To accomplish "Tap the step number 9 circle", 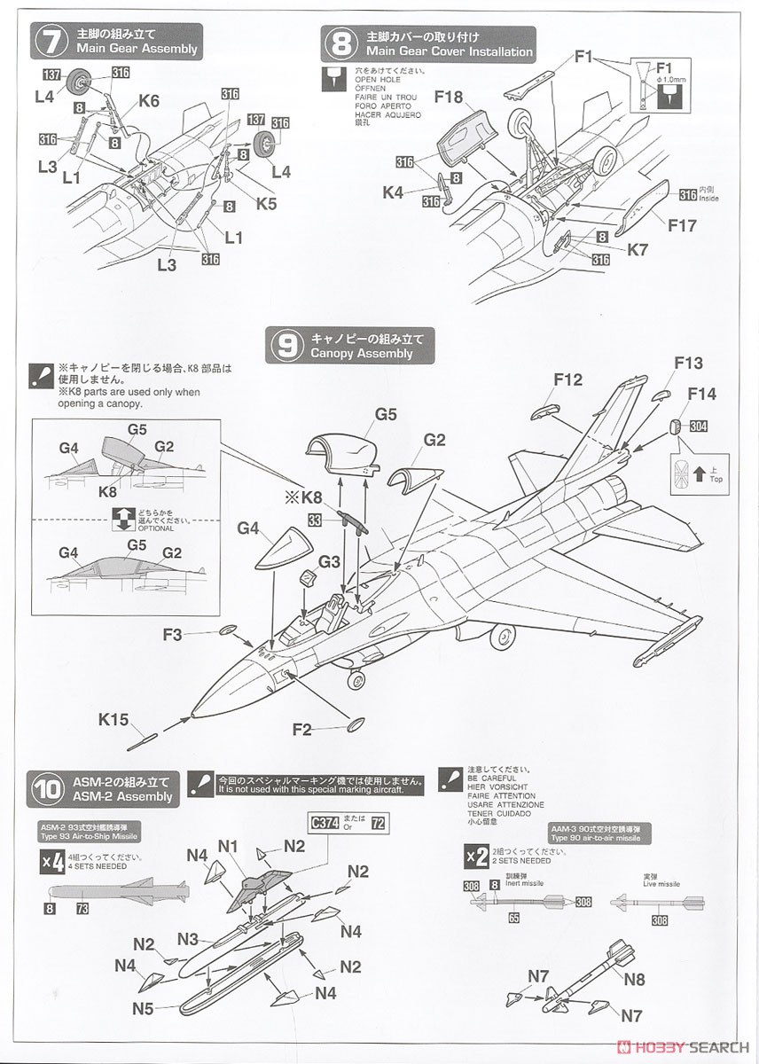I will coord(285,346).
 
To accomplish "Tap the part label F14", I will coord(700,394).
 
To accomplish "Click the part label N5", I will coord(143,1007).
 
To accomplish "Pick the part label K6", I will coord(149,101).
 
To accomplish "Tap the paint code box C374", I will coord(327,823).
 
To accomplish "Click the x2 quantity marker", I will coord(478,856).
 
